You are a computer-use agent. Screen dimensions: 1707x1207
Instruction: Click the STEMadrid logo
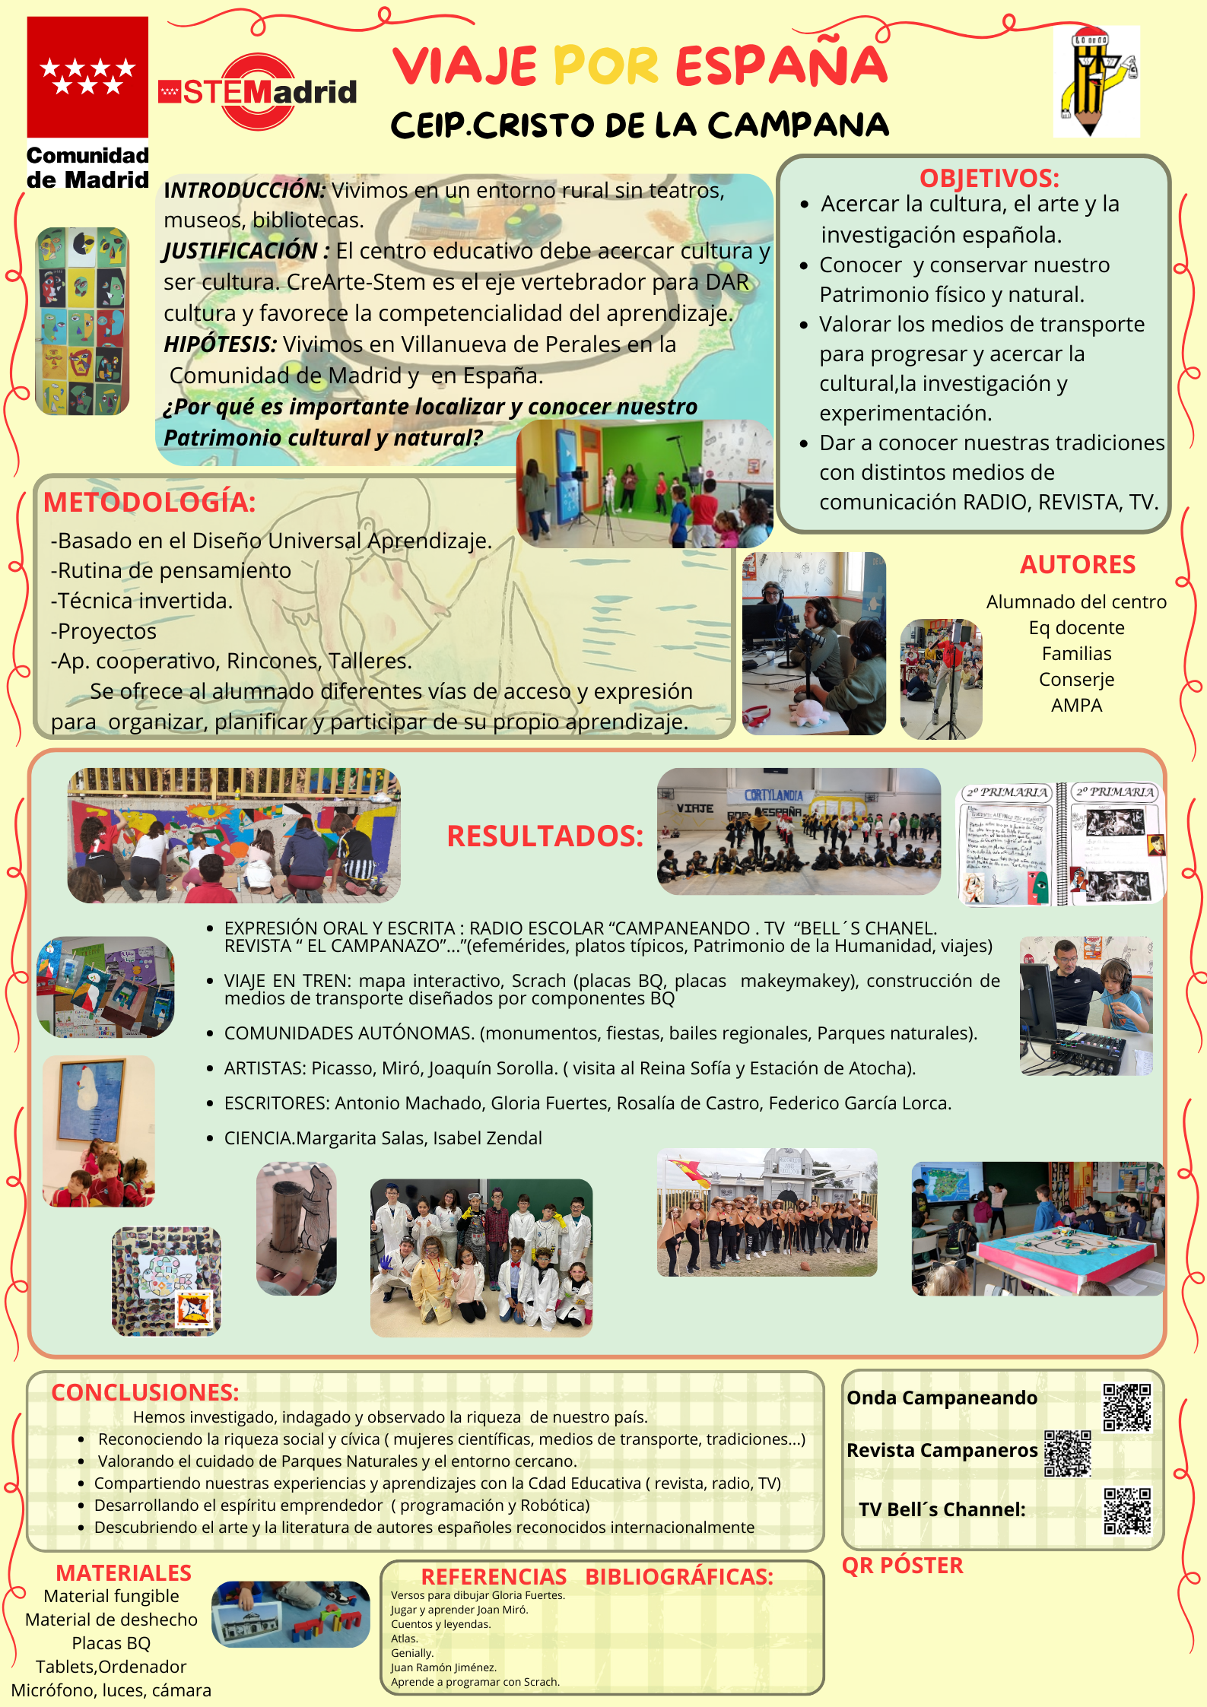click(x=257, y=92)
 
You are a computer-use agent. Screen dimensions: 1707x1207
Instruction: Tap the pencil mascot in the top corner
click(x=1096, y=81)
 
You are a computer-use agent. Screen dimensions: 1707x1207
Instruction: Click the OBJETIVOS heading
click(x=989, y=178)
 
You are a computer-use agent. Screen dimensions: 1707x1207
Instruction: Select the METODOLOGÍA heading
click(x=149, y=502)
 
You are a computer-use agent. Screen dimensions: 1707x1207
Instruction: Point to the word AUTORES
click(x=1077, y=564)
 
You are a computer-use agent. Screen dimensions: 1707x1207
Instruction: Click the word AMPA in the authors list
click(x=1076, y=706)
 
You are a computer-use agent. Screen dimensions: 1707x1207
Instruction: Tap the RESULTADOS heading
click(x=545, y=836)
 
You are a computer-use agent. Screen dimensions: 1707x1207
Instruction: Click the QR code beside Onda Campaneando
click(x=1127, y=1407)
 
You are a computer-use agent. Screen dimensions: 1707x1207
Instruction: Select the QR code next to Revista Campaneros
click(x=1067, y=1453)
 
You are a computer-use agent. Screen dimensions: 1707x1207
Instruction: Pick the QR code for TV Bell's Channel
click(x=1127, y=1511)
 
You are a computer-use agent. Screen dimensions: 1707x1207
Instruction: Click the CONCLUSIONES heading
click(x=145, y=1392)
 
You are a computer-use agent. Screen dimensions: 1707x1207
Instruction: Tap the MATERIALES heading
click(x=123, y=1572)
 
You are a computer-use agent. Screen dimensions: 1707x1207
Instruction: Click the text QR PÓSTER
click(x=902, y=1566)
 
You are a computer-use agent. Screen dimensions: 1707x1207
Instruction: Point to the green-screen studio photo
click(x=644, y=484)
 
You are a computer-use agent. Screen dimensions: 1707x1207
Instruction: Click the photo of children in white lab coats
click(x=481, y=1258)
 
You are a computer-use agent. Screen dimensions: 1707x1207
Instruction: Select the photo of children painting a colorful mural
click(x=233, y=835)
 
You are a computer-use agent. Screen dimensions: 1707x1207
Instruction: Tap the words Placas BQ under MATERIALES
click(x=111, y=1643)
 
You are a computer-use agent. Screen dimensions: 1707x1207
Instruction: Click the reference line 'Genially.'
click(x=412, y=1653)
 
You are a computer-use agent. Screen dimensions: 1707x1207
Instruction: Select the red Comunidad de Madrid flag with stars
click(x=87, y=77)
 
